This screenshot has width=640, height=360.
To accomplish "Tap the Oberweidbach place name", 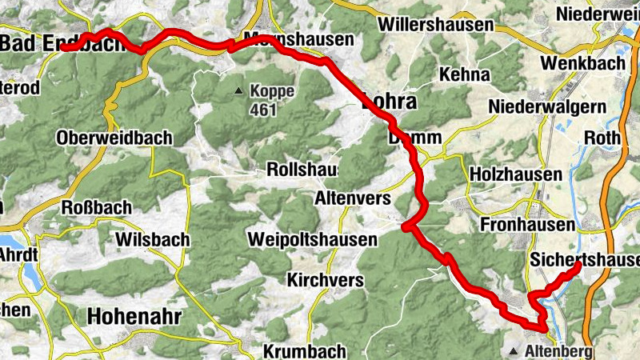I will pos(114,138).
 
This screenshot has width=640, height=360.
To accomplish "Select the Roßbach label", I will pos(97,208).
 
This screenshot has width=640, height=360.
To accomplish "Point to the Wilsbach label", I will pos(152,239).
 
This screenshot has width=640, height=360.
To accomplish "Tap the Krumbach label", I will pos(304,351).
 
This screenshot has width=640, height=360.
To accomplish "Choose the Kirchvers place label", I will pos(326,281).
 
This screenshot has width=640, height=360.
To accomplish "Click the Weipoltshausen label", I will pos(311,239).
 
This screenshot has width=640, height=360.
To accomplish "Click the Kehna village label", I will pos(464,74).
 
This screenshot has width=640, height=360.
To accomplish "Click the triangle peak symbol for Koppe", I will pos(238,91).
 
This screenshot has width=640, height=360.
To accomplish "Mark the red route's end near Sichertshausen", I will pos(578,264).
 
